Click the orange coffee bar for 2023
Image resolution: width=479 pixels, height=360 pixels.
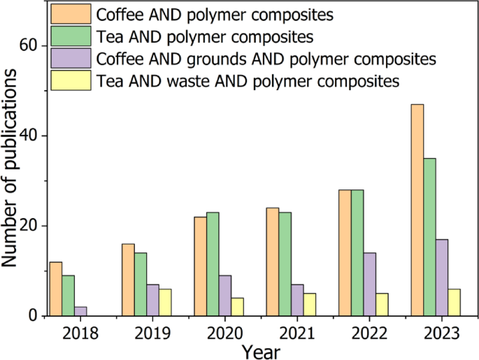417,210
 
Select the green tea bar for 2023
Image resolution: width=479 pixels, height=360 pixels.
429,237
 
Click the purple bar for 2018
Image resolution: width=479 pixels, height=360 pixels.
81,311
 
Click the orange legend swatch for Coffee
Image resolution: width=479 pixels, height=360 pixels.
71,13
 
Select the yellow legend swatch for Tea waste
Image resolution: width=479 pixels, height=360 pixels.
71,80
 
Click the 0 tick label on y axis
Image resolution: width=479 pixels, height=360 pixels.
32,316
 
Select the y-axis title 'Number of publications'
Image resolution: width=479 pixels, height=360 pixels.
10,180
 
